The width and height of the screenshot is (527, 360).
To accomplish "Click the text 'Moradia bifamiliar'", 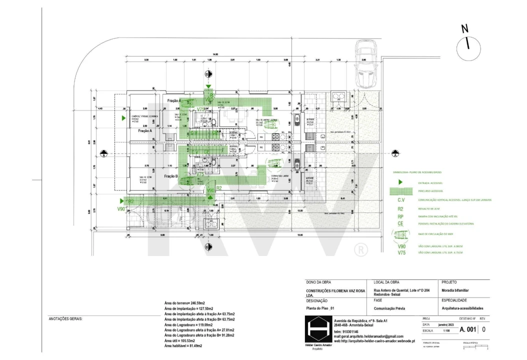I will coord(455,290).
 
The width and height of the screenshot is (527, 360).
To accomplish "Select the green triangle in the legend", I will coord(400,183).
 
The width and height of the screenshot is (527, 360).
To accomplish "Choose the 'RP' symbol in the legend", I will coord(400,216).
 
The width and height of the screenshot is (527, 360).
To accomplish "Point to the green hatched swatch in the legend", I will coord(400,192).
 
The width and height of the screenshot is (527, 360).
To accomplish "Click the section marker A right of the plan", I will coord(395,153).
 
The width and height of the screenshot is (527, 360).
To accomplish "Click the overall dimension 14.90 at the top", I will coord(215,54).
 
